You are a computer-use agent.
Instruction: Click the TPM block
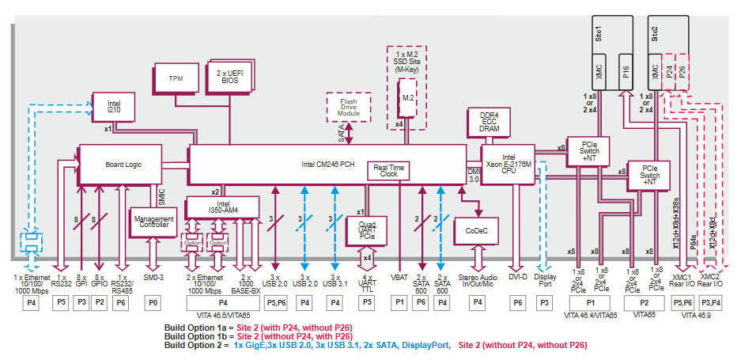[176, 79]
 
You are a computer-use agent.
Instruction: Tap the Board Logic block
[123, 165]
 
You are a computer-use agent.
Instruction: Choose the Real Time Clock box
[388, 170]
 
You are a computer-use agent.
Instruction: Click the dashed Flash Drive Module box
[349, 108]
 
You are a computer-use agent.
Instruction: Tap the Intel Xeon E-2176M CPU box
[508, 164]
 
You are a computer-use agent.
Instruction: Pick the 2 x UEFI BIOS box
[229, 77]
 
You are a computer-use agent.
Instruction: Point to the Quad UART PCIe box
[366, 230]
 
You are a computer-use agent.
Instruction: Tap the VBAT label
[400, 279]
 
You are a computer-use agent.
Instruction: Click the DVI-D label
[517, 279]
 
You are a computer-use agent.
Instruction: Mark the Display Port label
[545, 282]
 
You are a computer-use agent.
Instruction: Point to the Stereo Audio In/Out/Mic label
[477, 282]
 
